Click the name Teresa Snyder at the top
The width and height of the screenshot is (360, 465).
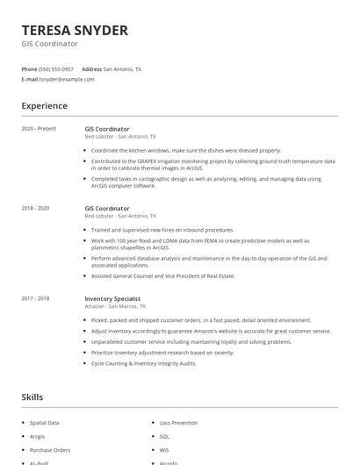75,31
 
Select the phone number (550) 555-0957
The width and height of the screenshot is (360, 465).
56,68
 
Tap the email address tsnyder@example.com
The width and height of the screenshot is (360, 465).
66,79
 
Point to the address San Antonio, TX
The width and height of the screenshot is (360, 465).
122,68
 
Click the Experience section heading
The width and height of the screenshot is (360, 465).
45,106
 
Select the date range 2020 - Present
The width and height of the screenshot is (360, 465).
39,129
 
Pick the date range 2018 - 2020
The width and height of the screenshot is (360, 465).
35,208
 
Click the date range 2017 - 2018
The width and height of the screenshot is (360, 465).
35,298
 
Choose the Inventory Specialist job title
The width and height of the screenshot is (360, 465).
112,298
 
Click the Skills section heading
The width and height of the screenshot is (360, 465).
32,397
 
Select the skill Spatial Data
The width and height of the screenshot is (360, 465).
45,422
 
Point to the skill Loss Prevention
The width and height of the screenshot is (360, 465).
179,422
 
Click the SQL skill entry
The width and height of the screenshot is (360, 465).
164,435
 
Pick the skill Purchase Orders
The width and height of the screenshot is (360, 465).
49,449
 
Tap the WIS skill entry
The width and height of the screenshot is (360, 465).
164,449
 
